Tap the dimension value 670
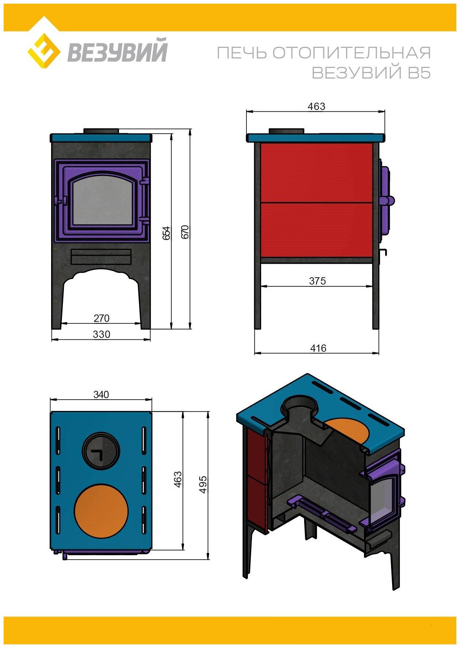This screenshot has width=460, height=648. (x=185, y=232)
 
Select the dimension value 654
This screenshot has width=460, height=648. (x=166, y=233)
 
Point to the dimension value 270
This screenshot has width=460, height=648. (x=101, y=318)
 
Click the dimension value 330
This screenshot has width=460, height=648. (x=101, y=334)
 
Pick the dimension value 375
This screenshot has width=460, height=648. (x=317, y=281)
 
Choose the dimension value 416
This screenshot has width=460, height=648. (x=318, y=348)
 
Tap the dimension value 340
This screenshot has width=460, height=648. (x=101, y=394)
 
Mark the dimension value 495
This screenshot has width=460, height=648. (x=203, y=484)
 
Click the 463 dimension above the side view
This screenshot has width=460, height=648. (x=316, y=106)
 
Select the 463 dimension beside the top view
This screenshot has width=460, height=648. (x=178, y=479)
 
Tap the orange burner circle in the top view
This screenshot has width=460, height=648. (x=101, y=511)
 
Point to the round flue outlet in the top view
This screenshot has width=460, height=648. (x=100, y=451)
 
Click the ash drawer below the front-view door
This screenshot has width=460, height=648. (x=101, y=256)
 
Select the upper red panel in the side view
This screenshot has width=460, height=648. (x=317, y=172)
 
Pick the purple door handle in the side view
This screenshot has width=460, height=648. (x=388, y=201)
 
